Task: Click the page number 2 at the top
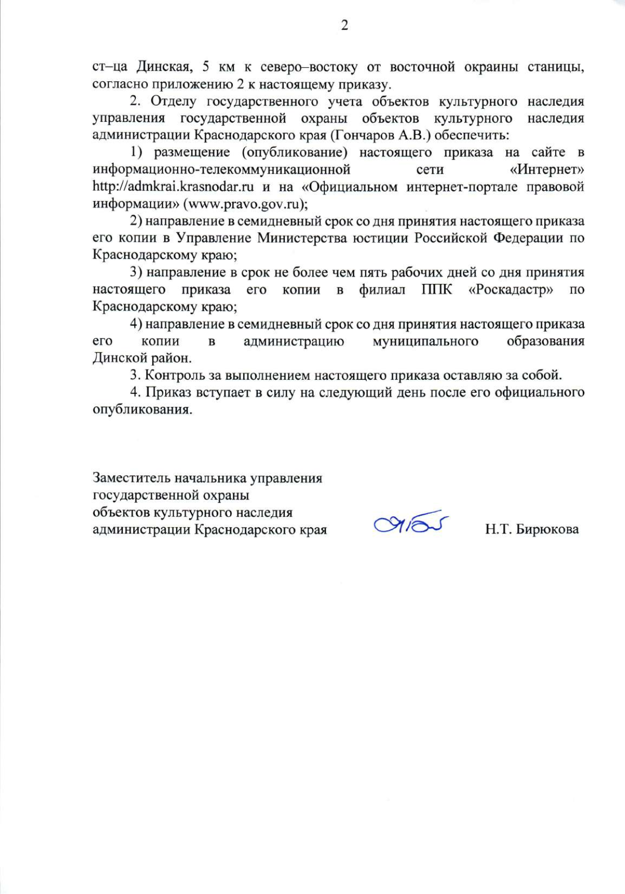point(344,26)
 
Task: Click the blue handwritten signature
point(411,523)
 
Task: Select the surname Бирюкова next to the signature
point(547,529)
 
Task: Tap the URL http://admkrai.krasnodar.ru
point(173,187)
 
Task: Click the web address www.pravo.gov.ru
point(242,204)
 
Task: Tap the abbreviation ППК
point(437,290)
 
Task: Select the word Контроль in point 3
point(171,375)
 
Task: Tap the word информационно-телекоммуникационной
point(221,170)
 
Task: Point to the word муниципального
point(426,341)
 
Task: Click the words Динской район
point(142,358)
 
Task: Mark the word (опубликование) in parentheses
point(294,152)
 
